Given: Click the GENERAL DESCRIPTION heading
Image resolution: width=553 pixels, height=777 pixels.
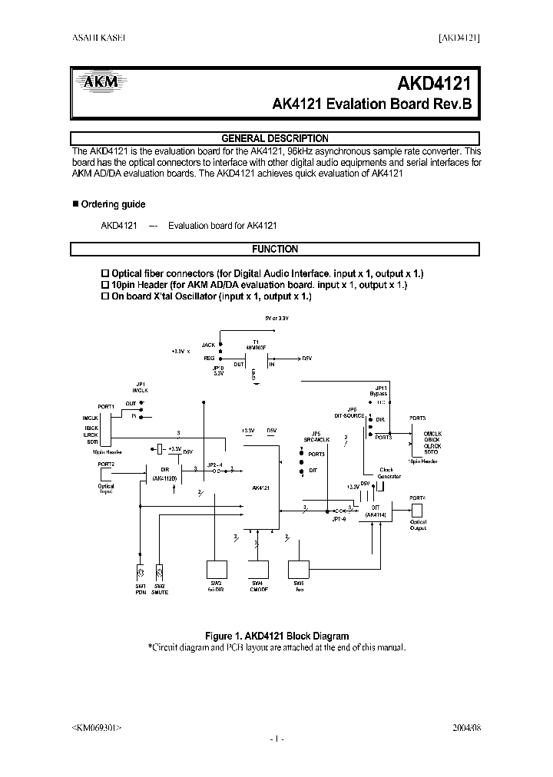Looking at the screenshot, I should point(275,138).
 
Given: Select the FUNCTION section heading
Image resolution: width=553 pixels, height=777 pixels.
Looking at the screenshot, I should point(275,249).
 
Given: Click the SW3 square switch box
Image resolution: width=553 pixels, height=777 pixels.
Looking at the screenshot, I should point(216,569).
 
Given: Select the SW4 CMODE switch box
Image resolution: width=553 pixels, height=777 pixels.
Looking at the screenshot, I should point(257,569).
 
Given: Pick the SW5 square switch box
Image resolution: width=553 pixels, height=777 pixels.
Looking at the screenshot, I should point(298,569).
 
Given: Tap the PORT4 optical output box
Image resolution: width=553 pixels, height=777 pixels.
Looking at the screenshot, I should point(417,510).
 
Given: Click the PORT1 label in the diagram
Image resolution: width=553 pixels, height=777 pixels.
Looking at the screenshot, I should point(106,405).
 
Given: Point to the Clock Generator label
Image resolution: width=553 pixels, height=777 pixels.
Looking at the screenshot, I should point(389,474).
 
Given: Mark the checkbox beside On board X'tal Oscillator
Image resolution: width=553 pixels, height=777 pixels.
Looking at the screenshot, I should point(106,296).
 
